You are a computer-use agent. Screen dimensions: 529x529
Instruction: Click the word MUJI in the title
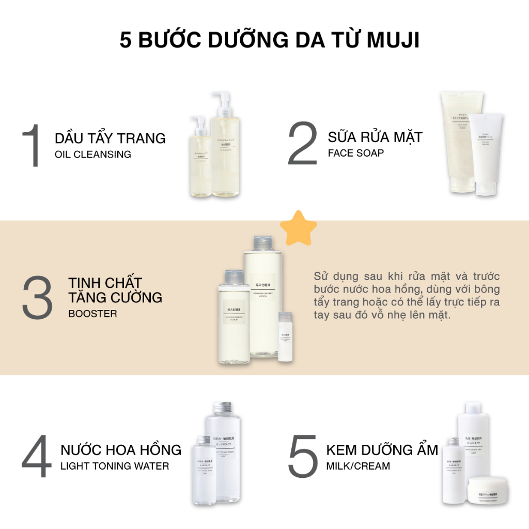(x=393, y=40)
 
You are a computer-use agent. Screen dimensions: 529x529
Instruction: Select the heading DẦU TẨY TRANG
(x=110, y=138)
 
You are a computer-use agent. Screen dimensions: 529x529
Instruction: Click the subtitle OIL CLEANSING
(x=93, y=154)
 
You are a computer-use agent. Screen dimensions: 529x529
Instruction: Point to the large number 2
(x=303, y=144)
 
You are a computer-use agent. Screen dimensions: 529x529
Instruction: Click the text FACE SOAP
(x=356, y=153)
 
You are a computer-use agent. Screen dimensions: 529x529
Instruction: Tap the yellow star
(x=298, y=227)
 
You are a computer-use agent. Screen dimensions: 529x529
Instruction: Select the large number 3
(x=37, y=298)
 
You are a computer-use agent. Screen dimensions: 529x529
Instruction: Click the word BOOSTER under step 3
(x=92, y=314)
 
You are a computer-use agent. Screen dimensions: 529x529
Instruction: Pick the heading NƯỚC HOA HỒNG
(x=121, y=449)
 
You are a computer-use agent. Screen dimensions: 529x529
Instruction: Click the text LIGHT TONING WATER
(x=115, y=466)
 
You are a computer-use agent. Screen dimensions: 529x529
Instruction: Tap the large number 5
(x=302, y=457)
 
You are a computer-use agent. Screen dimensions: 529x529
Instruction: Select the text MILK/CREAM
(x=358, y=466)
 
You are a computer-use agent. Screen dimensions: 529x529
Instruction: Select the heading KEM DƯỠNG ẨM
(x=382, y=449)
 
